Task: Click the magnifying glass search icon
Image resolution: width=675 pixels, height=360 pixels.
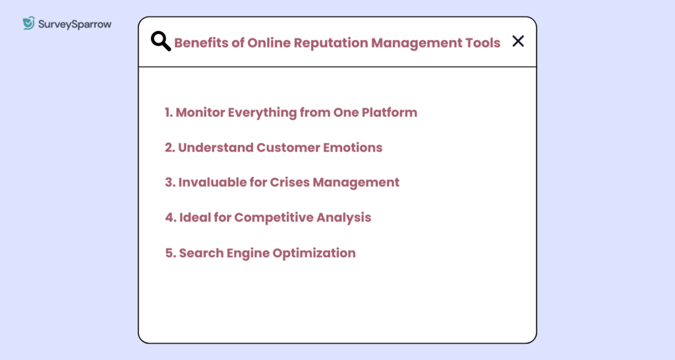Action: [x=160, y=42]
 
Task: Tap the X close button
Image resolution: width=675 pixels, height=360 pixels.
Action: [x=518, y=42]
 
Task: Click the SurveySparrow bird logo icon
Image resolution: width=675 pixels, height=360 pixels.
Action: [x=28, y=24]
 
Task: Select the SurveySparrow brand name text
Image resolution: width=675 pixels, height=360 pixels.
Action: [x=74, y=24]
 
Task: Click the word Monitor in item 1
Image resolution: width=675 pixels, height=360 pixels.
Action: [x=200, y=112]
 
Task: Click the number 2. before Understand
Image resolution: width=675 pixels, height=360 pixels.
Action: [x=169, y=147]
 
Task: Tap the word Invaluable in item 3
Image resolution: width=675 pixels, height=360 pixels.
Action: [x=210, y=182]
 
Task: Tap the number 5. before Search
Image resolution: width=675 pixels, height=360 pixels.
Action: [x=170, y=253]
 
